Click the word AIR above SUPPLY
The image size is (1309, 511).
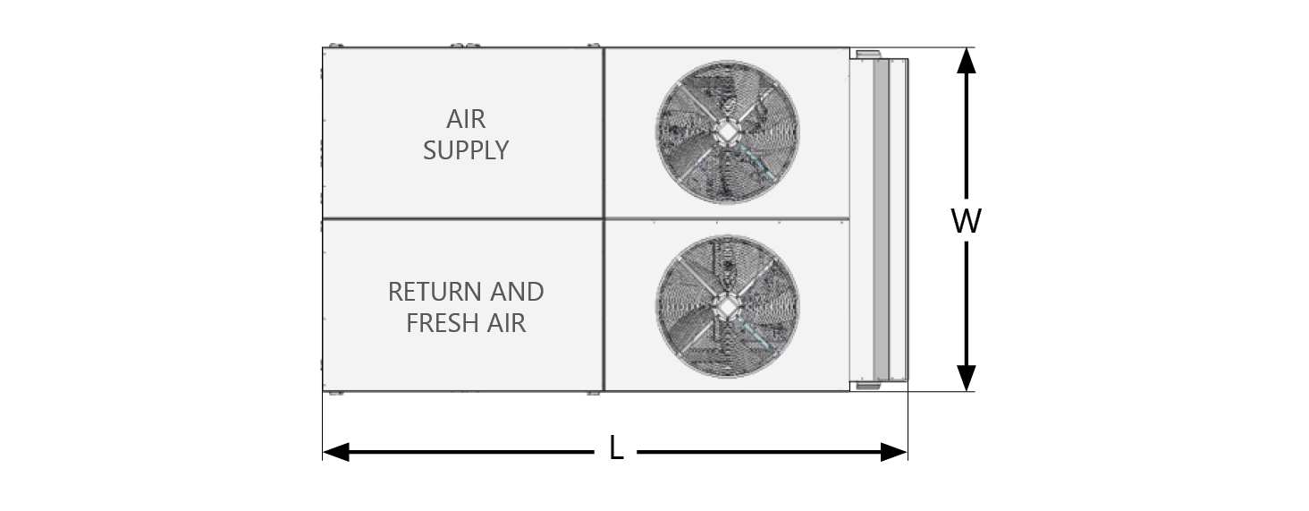pos(466,120)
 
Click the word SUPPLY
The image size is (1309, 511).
pos(466,150)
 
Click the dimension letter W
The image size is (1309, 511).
pos(966,221)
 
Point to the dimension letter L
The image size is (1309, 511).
pos(615,448)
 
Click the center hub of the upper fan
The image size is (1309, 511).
pos(728,132)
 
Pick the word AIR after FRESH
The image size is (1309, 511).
pos(506,323)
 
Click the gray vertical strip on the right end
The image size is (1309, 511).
pos(882,219)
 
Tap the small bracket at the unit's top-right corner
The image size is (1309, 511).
pos(867,55)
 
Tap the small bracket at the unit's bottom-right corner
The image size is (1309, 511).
pos(867,387)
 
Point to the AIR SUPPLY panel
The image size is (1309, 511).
pos(402,179)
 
